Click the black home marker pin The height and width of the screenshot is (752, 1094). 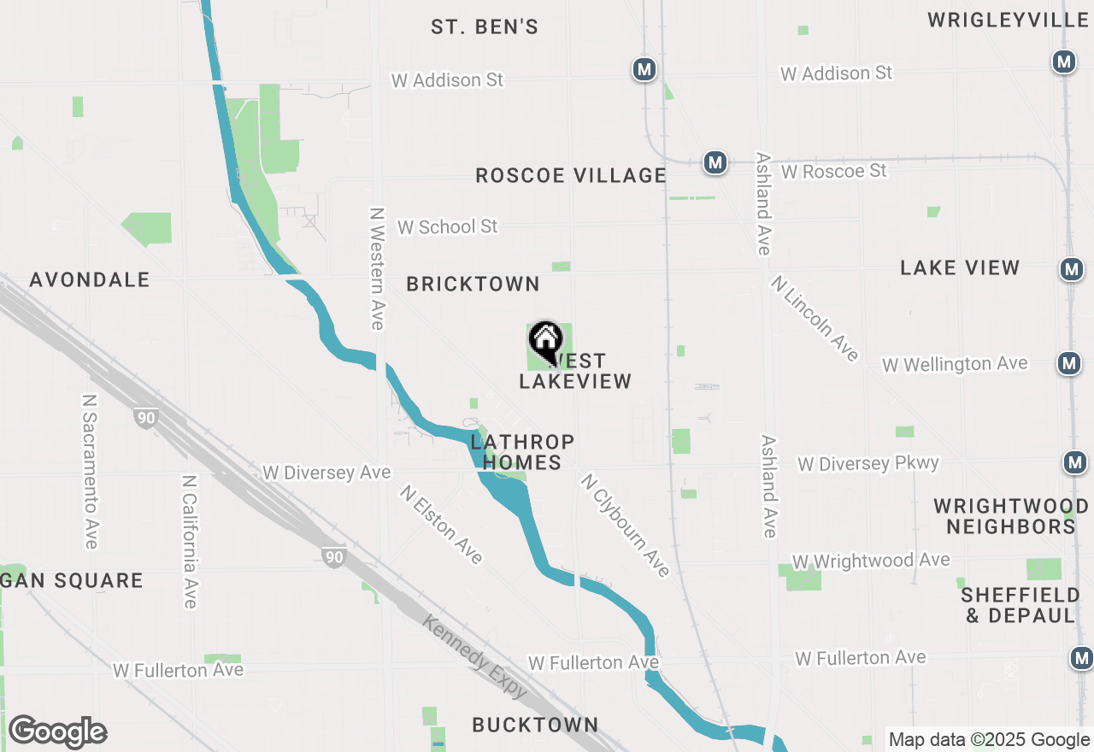544,341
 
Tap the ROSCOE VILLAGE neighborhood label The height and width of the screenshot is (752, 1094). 571,176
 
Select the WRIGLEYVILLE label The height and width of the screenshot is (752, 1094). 1009,20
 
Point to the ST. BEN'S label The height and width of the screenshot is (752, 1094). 485,27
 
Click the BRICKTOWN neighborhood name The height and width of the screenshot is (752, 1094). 473,285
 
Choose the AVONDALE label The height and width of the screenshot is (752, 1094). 90,280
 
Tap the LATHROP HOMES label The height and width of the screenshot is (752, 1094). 521,452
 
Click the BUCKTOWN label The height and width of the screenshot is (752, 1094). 535,726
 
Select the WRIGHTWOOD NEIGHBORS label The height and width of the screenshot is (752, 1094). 1010,516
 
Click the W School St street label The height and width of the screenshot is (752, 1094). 447,227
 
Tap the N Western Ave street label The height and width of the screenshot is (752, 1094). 377,268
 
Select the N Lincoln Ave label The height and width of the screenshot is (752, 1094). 815,318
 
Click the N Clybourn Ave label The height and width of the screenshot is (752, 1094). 625,525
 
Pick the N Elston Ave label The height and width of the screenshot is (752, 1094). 441,525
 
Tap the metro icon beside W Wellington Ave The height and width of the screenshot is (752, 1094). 1068,363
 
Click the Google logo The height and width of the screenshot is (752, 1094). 56,732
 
